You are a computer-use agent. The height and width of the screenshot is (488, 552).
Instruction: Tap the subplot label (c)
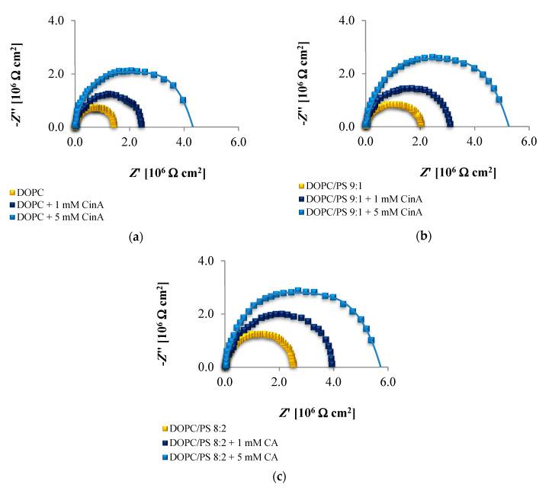[x=278, y=477]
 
